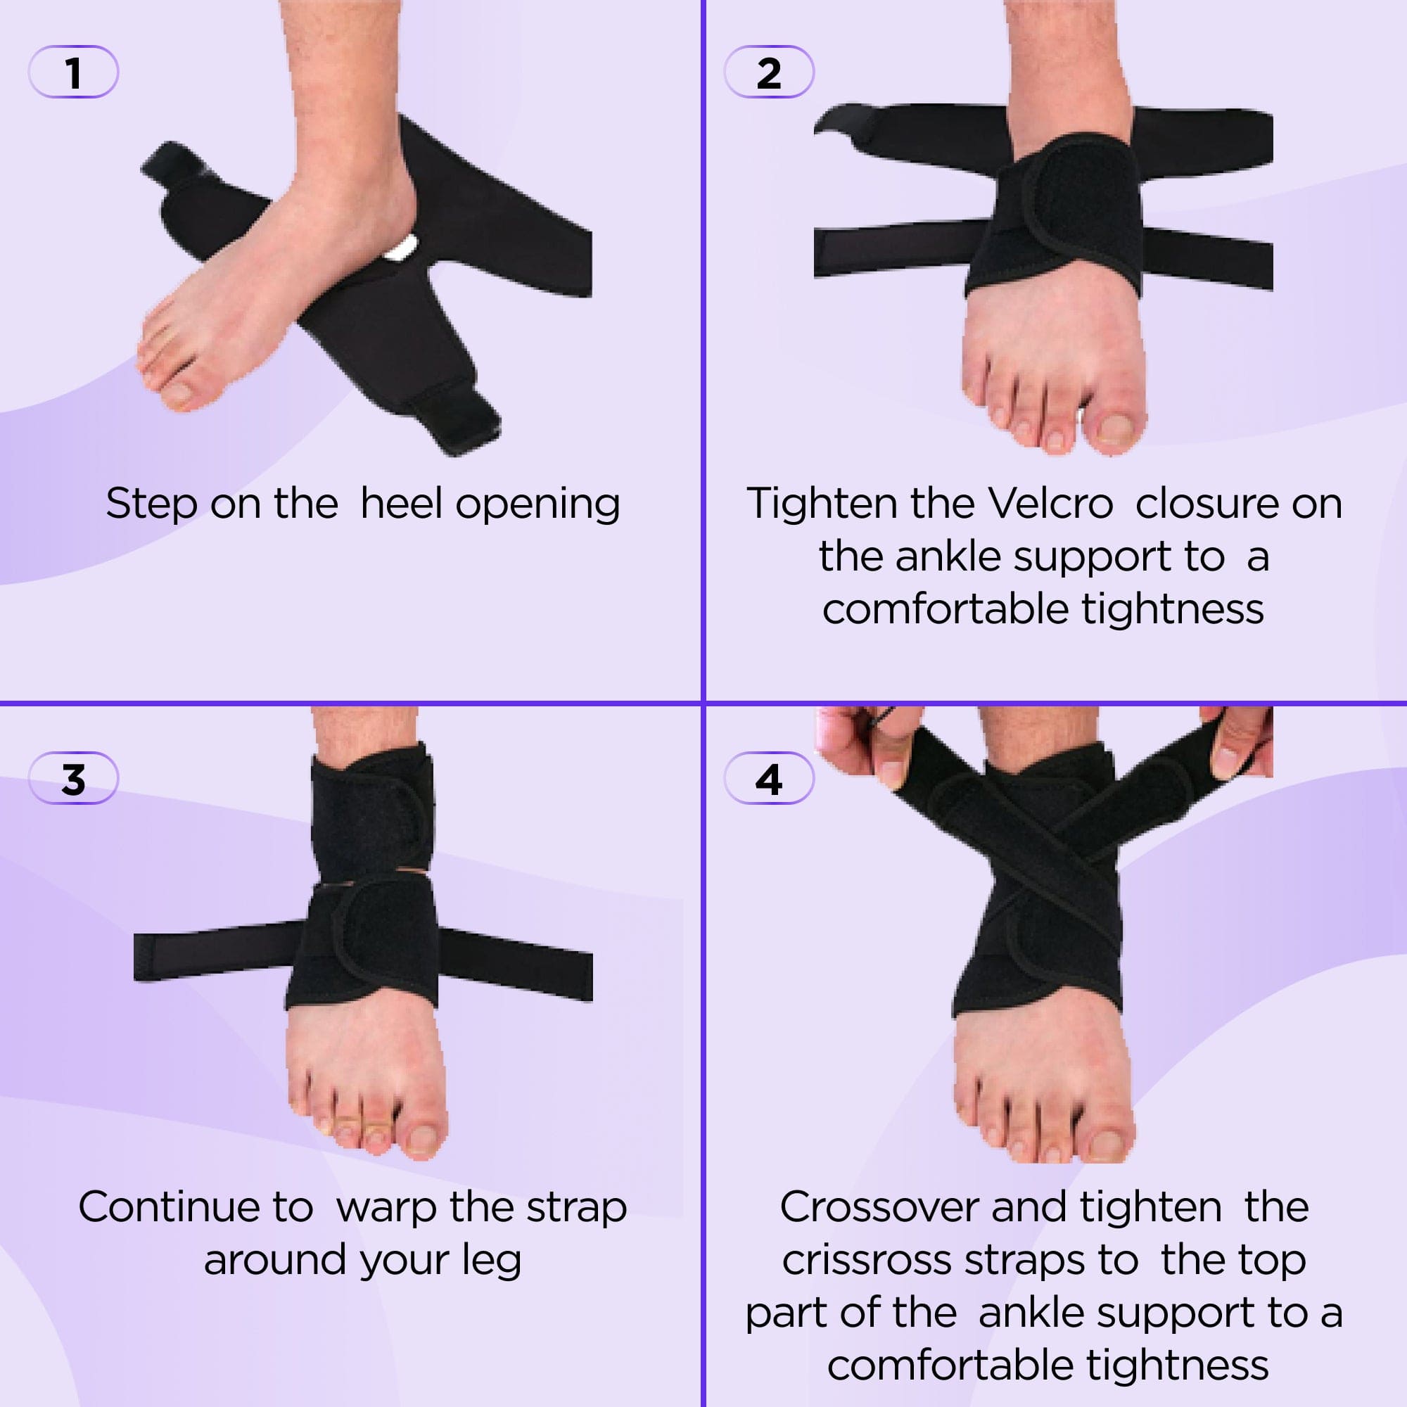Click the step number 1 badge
click(x=73, y=72)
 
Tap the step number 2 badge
click(x=768, y=72)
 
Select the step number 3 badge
click(x=73, y=779)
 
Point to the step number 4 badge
click(x=768, y=779)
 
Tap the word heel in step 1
click(x=401, y=503)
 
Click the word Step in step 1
click(x=151, y=503)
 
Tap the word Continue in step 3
click(x=169, y=1207)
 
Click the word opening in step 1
click(x=537, y=504)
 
